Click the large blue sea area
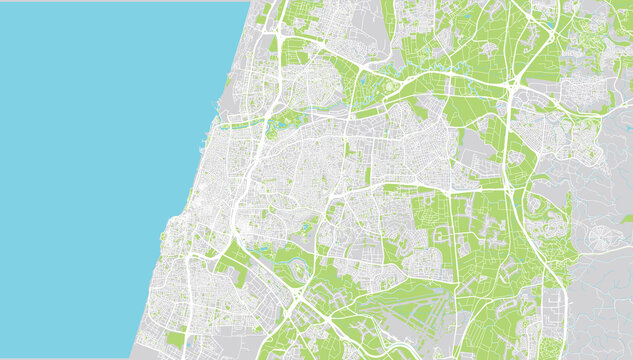(x=100, y=150)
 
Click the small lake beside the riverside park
(x=262, y=249)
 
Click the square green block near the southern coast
(x=176, y=339)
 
